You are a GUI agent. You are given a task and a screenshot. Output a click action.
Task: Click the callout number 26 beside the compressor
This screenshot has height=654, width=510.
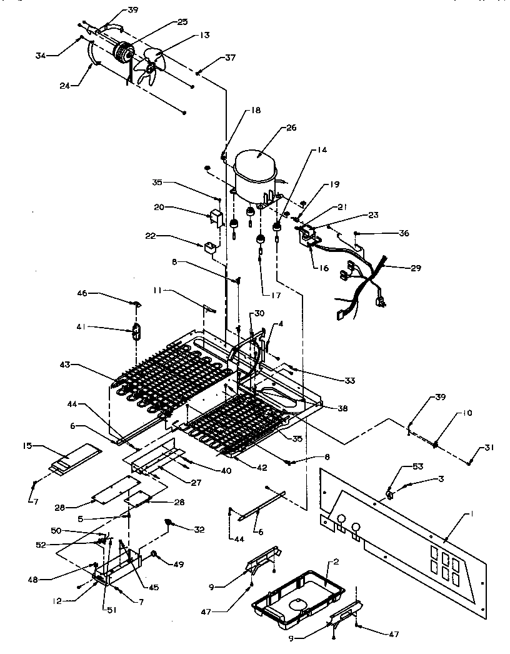tap(291, 128)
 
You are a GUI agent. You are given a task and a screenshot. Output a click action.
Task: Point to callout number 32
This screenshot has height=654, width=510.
tap(199, 529)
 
